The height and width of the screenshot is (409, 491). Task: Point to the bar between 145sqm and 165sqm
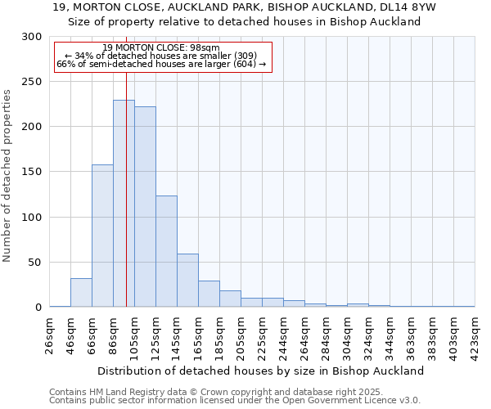click(x=187, y=281)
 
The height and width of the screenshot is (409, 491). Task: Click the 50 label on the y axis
click(x=35, y=263)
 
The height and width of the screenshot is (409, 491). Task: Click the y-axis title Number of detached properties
click(x=7, y=175)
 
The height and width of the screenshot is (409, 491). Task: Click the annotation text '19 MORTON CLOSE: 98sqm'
click(x=161, y=48)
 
